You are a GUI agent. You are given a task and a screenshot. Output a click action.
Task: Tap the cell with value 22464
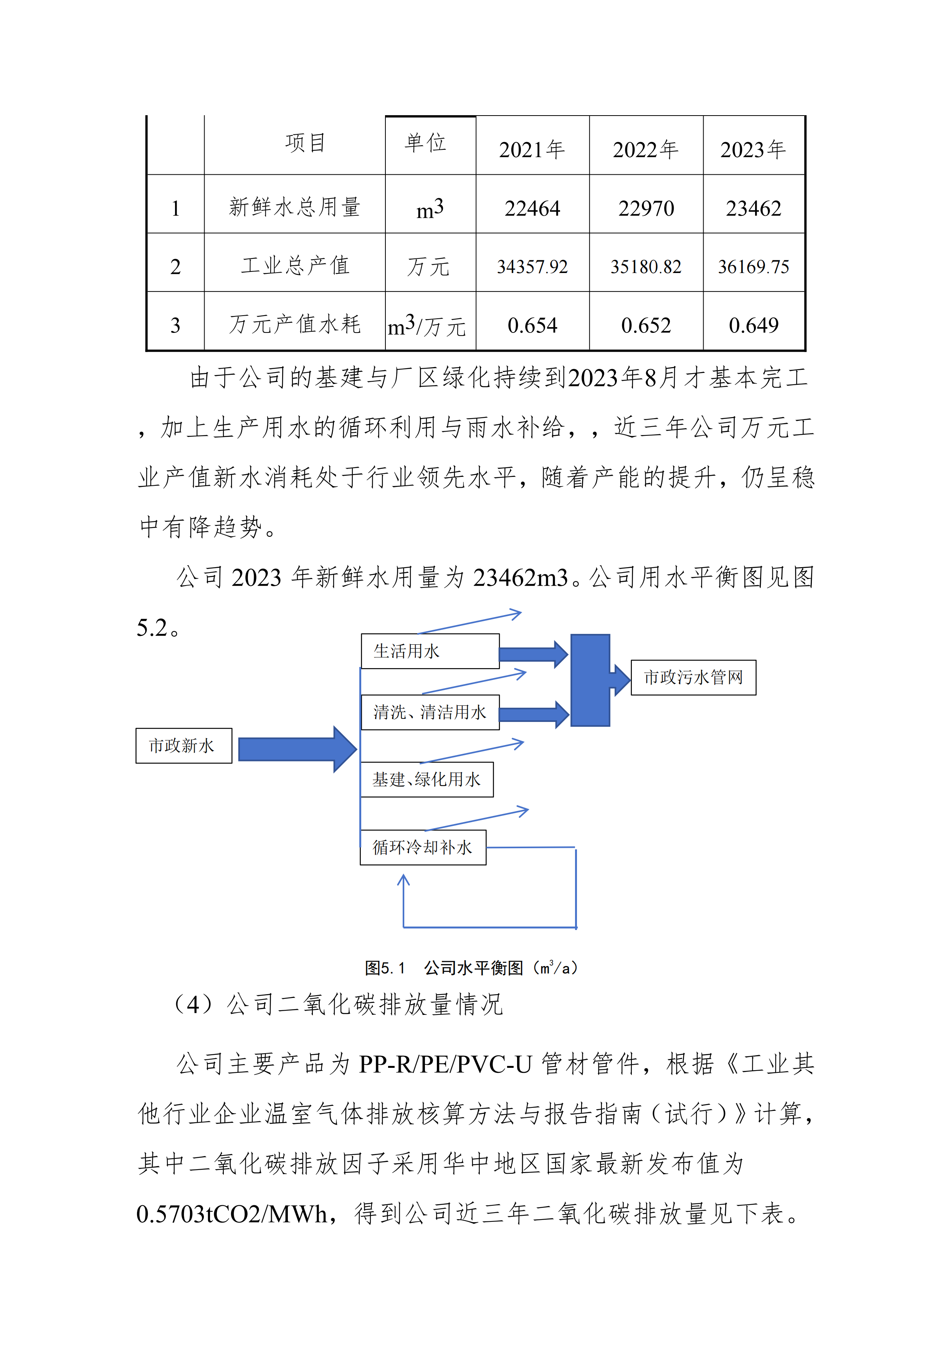[532, 208]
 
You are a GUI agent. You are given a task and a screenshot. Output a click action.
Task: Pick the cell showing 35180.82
[646, 267]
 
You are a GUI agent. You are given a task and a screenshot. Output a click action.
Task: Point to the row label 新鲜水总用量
[294, 207]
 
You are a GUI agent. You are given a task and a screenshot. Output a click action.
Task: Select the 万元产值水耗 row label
[294, 324]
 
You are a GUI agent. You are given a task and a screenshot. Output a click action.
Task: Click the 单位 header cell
[426, 142]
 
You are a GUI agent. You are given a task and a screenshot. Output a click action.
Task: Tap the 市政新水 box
[183, 746]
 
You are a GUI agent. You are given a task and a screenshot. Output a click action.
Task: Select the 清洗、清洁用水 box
[430, 712]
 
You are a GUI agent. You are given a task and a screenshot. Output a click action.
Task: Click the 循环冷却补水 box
[423, 847]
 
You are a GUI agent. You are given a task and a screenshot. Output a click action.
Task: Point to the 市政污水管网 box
[693, 678]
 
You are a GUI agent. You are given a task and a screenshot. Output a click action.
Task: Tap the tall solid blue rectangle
[590, 680]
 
